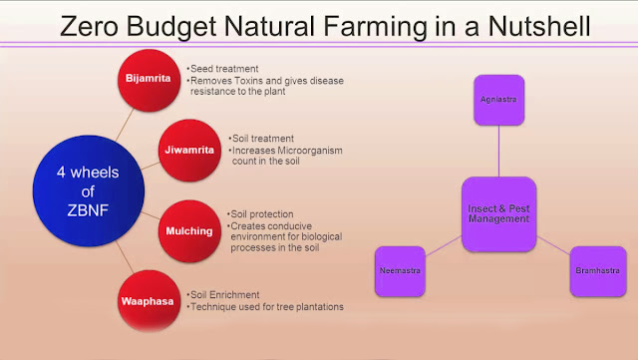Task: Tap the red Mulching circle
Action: [x=187, y=229]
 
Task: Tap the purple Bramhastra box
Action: [x=597, y=269]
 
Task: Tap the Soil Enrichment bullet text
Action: [x=225, y=294]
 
